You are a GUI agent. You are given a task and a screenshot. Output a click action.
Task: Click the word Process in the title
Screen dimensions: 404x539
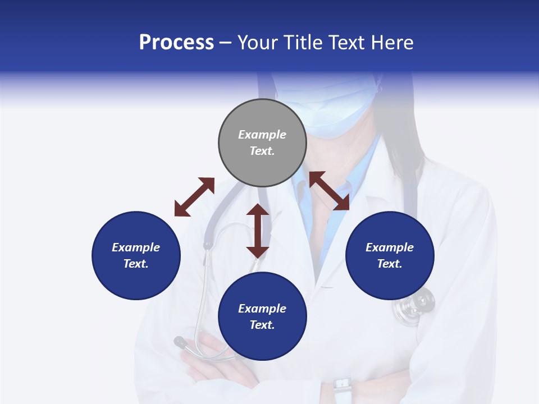click(176, 43)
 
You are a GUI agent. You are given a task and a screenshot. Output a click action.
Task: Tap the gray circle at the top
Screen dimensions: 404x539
click(262, 143)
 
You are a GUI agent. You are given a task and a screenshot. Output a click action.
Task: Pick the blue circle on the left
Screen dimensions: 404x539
click(136, 255)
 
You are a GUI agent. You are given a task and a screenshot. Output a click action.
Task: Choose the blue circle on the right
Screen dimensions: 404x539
click(390, 255)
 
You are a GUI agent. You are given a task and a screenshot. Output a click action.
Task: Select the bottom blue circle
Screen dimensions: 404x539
click(262, 316)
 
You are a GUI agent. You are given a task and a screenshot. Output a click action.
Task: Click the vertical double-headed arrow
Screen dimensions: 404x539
click(258, 231)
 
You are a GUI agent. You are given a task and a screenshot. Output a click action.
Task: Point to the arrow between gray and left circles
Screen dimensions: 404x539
click(194, 197)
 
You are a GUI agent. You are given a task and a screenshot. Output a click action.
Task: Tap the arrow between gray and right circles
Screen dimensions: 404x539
click(330, 191)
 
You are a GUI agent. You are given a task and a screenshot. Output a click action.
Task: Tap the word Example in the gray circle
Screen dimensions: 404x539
click(262, 135)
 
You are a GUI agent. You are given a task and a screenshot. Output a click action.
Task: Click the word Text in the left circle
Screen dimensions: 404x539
click(136, 264)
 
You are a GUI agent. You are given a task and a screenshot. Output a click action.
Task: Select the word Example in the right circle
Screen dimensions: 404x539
click(390, 247)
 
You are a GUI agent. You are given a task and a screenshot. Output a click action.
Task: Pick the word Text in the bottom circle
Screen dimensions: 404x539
click(262, 325)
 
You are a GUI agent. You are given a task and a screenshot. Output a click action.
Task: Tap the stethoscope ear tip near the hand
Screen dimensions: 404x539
click(180, 341)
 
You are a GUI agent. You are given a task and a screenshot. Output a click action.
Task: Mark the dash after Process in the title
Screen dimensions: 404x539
click(226, 43)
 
